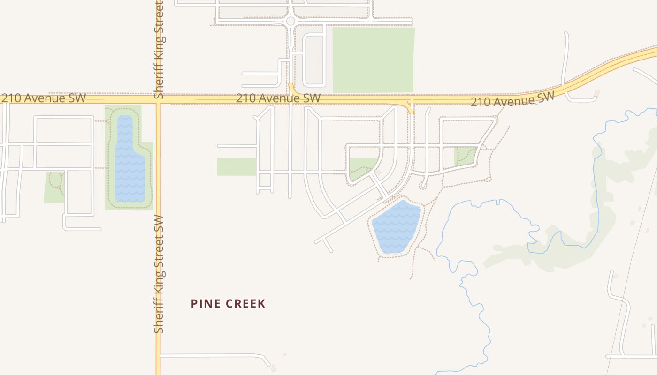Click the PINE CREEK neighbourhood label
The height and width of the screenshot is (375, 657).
(x=228, y=304)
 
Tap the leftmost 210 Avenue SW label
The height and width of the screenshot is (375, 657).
(x=43, y=98)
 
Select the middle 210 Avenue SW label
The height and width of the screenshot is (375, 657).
(x=278, y=98)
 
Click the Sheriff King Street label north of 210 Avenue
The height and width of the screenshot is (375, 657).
(x=159, y=49)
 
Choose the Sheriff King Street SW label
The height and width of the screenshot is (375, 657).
(x=159, y=274)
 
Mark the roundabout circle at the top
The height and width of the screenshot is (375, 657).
(x=290, y=21)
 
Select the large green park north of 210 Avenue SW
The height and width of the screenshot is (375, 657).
(x=374, y=60)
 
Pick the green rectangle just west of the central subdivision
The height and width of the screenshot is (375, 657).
(x=237, y=167)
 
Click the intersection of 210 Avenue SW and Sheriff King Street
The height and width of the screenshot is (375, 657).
(x=158, y=99)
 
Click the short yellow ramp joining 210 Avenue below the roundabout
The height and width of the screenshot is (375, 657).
(x=291, y=89)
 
